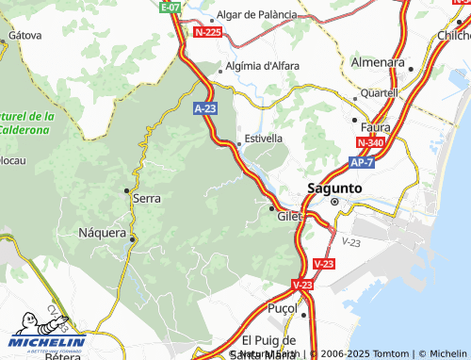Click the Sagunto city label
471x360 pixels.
click(334, 188)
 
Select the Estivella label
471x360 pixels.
click(264, 138)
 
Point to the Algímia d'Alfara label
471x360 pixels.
click(263, 67)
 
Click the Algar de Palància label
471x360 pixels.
click(270, 15)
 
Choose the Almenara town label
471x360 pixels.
click(378, 61)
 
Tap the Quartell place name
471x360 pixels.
click(379, 93)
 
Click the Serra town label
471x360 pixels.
click(147, 199)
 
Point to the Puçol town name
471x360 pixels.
click(283, 309)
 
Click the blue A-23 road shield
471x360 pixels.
click(205, 109)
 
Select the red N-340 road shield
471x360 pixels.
click(370, 142)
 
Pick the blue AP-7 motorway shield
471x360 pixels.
click(362, 162)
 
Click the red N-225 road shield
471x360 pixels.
click(207, 32)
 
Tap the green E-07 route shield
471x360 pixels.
click(170, 7)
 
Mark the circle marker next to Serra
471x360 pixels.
click(127, 191)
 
